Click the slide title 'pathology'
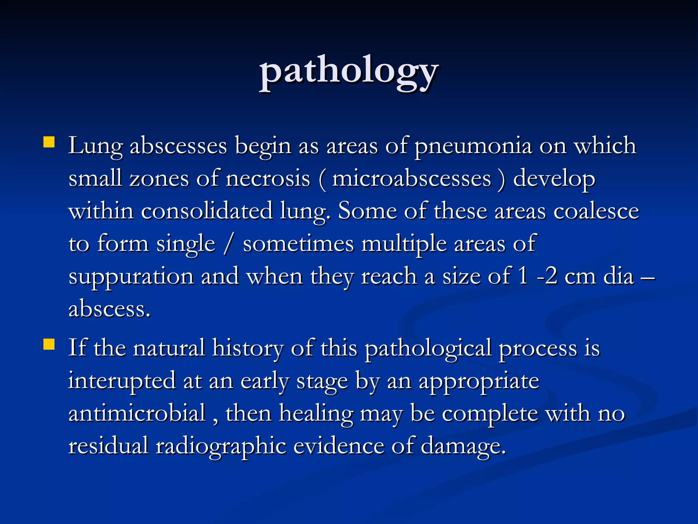[349, 72]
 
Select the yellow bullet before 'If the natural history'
[49, 344]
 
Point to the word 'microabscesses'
[411, 179]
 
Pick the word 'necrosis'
[268, 179]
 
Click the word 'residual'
[108, 446]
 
